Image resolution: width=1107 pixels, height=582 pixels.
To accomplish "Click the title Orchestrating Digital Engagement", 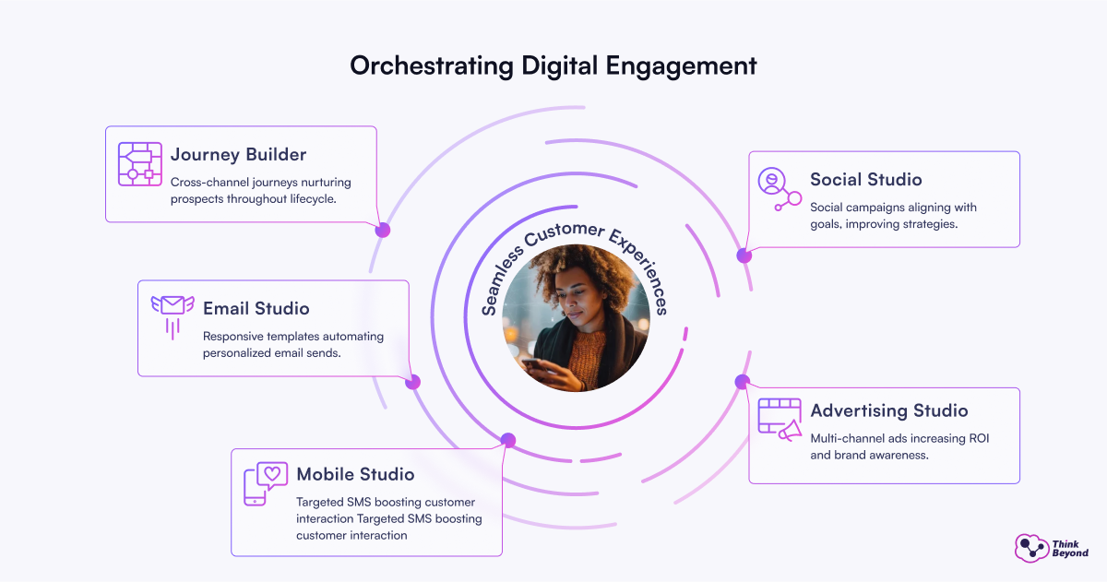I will click(x=553, y=66).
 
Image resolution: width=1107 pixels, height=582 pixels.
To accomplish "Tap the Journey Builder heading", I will click(x=238, y=154).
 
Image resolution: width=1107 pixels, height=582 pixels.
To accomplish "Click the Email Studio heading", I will click(x=256, y=308).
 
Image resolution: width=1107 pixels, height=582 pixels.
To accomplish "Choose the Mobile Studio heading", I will click(x=355, y=474).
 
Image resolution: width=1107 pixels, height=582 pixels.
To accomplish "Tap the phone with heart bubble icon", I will click(x=265, y=483).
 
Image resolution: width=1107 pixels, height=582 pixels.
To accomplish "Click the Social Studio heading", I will click(x=865, y=179).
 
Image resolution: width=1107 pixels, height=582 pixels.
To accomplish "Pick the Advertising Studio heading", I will click(x=888, y=410).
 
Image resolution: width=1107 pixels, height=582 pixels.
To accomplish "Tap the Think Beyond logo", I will click(x=1051, y=548).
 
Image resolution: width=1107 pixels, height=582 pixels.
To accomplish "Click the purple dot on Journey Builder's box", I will click(x=383, y=230).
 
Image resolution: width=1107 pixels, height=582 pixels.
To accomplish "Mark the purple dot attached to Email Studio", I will click(x=412, y=382).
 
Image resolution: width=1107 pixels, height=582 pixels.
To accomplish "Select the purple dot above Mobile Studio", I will click(x=508, y=440).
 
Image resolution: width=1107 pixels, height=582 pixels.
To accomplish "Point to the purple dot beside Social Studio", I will click(x=744, y=255).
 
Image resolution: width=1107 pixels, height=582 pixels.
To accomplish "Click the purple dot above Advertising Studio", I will click(x=741, y=382).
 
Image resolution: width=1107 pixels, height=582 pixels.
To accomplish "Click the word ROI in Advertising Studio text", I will click(x=976, y=437).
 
